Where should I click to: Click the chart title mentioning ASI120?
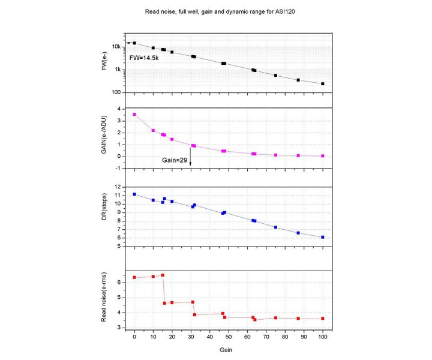216,12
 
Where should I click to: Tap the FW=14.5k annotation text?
144,58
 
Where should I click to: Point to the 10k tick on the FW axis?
119,46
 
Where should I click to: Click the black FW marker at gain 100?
323,83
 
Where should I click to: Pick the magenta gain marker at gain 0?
134,114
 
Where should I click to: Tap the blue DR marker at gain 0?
134,194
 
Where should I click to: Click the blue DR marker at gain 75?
275,227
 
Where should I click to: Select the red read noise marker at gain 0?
134,277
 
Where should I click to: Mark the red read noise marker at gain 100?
323,319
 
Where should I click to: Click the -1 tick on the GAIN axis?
120,169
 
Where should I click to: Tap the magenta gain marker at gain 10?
153,130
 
